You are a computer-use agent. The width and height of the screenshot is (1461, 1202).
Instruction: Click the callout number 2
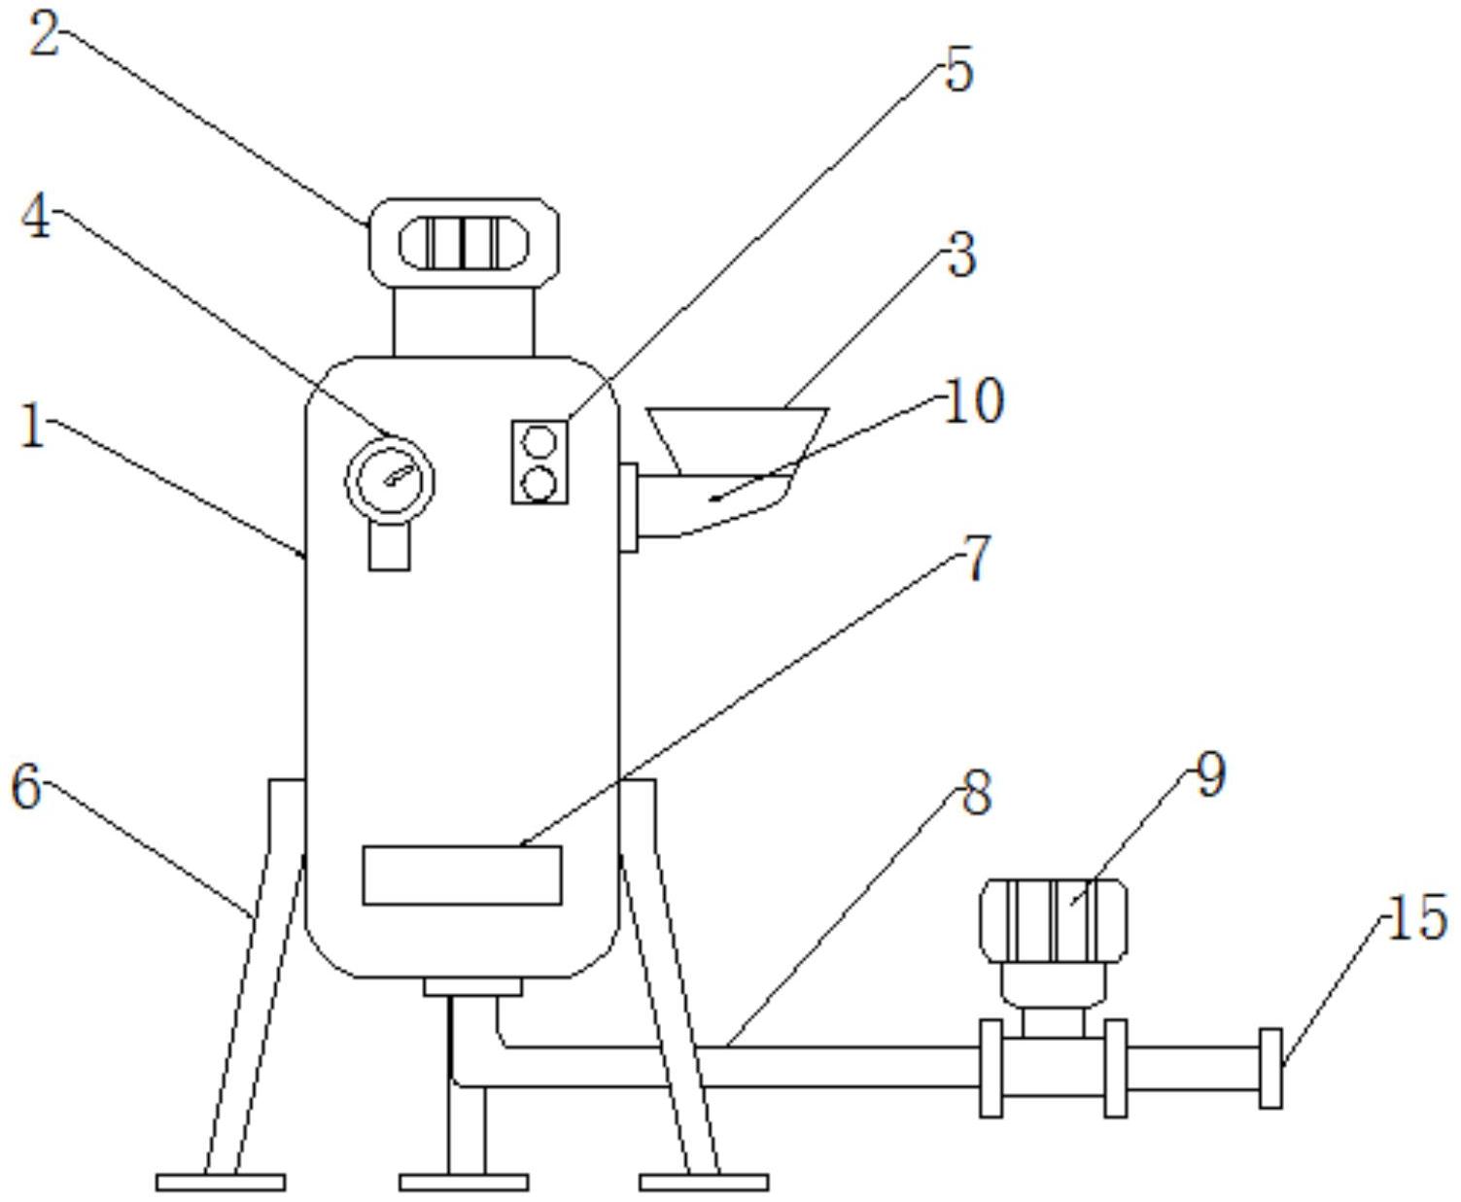(44, 36)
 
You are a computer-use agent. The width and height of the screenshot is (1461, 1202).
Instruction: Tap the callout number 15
(1416, 918)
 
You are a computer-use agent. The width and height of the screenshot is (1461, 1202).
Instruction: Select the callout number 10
(974, 401)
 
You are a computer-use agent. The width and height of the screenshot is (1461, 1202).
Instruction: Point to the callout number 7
(977, 560)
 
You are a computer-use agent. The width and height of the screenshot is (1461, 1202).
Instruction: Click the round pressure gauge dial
(390, 481)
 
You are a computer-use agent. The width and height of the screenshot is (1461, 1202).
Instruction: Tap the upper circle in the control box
(539, 443)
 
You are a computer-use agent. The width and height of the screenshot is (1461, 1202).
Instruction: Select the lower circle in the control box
(539, 483)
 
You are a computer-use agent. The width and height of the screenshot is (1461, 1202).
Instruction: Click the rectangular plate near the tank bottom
(462, 875)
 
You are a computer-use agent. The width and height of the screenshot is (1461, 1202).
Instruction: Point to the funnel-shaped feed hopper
(738, 436)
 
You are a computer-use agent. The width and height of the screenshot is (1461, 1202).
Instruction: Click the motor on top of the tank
(464, 243)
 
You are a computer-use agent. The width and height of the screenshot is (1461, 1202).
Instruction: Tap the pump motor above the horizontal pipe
(1054, 920)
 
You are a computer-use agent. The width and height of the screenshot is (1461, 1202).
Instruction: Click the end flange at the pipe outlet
(1270, 1067)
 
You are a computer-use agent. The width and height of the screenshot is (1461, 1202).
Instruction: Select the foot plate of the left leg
(221, 1183)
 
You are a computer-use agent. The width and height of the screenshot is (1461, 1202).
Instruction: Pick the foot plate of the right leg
(704, 1183)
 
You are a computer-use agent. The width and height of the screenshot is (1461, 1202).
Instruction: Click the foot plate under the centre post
(464, 1183)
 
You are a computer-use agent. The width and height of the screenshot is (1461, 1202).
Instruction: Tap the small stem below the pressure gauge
(389, 546)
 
